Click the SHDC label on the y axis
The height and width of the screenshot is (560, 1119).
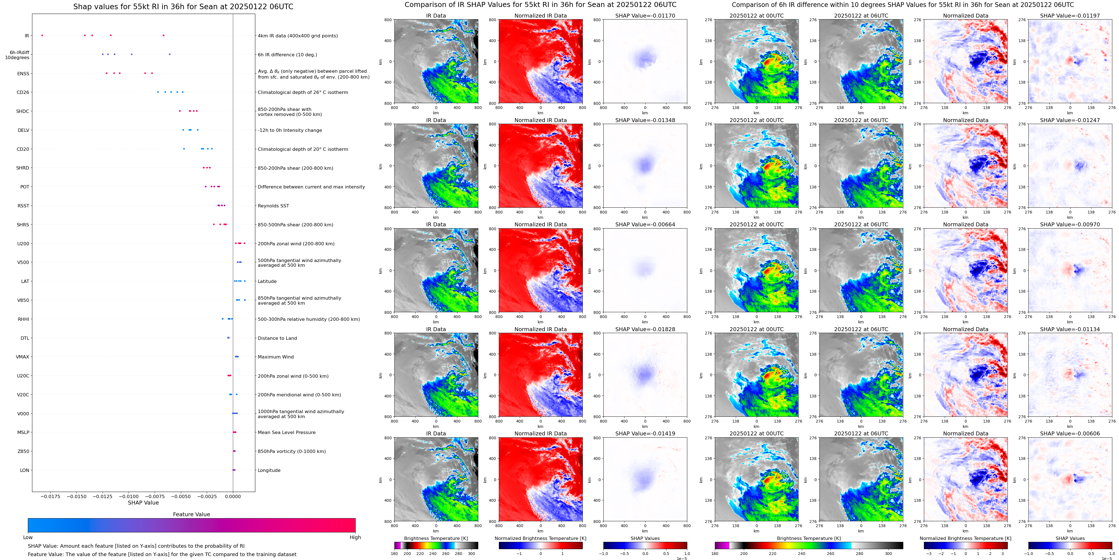[23, 111]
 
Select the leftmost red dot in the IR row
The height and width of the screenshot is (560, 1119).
[42, 35]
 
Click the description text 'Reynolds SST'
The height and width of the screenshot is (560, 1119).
[273, 206]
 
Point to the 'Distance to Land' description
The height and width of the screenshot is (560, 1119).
[277, 338]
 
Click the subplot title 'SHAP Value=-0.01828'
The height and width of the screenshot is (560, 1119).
[645, 329]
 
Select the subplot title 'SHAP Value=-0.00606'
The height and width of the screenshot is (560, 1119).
[1070, 433]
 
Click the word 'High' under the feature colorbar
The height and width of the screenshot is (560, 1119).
[355, 537]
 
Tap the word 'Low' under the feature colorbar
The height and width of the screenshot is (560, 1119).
[28, 537]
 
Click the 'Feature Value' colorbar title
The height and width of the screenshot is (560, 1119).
[191, 514]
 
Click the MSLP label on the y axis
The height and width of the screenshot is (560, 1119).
[23, 432]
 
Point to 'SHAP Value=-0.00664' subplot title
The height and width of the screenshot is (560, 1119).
[645, 225]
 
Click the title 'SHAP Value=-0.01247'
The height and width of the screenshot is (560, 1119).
[1070, 120]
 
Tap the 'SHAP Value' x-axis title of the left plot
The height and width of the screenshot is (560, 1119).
[143, 503]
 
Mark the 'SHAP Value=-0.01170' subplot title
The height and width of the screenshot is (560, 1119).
[645, 16]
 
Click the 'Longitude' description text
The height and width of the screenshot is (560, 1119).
[269, 470]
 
